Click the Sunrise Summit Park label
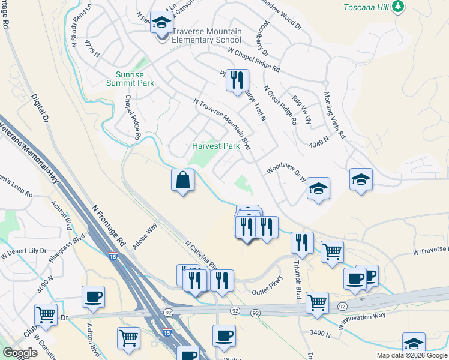point(130,79)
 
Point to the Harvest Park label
point(215,146)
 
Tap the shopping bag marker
point(182,181)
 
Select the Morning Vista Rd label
point(334,115)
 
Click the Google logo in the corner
point(20,353)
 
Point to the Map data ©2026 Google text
point(412,355)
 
